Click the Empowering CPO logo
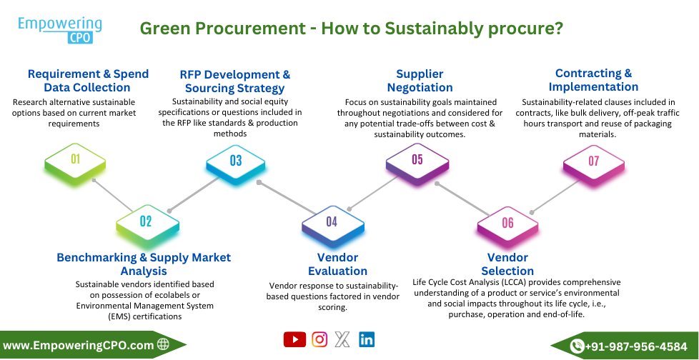tap(60, 30)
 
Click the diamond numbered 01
tap(75, 159)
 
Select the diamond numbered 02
tap(146, 221)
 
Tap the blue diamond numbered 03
tap(236, 161)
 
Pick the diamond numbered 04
tap(332, 221)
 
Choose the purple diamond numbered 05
tap(417, 159)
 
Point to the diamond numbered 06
tap(507, 223)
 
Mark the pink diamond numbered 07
tap(593, 161)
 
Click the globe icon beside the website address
tap(163, 345)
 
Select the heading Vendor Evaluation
tap(337, 264)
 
